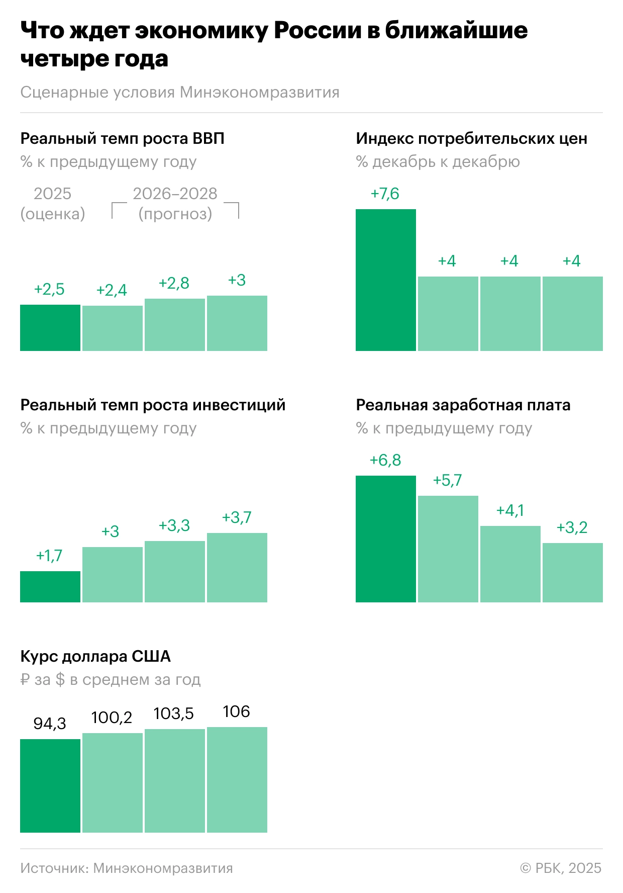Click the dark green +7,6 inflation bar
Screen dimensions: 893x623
(x=385, y=280)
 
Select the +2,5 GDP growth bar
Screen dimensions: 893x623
(x=50, y=328)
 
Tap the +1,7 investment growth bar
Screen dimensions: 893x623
(x=50, y=587)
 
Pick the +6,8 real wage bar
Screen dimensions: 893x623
(x=385, y=539)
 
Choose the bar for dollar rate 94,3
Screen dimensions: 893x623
(x=50, y=785)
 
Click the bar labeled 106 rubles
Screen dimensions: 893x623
(x=237, y=779)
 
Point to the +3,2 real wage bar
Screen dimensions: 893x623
(x=573, y=572)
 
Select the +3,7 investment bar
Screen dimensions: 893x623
(x=237, y=567)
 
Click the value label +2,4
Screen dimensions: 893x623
(x=112, y=290)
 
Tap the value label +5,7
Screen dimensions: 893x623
(x=447, y=480)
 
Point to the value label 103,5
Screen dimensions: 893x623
(x=173, y=713)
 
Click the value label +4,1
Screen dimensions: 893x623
(x=510, y=510)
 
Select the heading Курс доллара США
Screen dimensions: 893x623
(x=95, y=656)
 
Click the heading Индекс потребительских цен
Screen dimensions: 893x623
(x=471, y=138)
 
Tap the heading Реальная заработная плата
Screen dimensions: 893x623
(x=463, y=405)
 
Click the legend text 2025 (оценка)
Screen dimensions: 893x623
(x=53, y=204)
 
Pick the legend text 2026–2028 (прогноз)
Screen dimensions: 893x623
(x=175, y=204)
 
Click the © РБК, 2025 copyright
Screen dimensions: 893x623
(x=561, y=868)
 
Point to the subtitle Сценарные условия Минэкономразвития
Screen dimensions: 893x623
(x=180, y=93)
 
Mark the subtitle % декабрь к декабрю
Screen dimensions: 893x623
(x=438, y=162)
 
